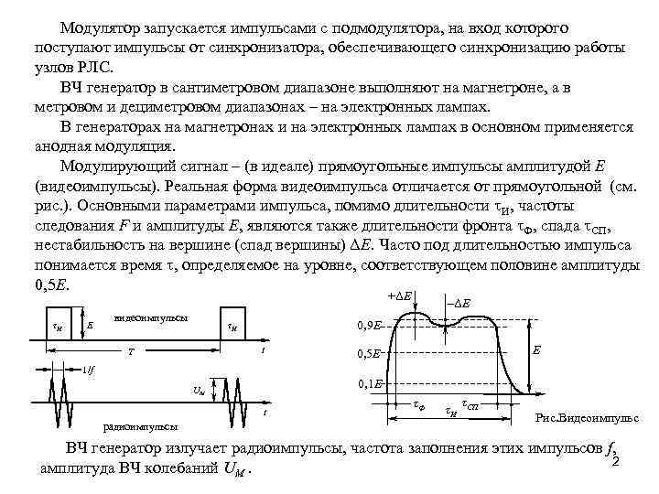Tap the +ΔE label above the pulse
(399, 297)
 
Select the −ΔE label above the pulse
(459, 303)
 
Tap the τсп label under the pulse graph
(470, 403)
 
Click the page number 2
(615, 460)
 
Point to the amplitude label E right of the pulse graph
(537, 350)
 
